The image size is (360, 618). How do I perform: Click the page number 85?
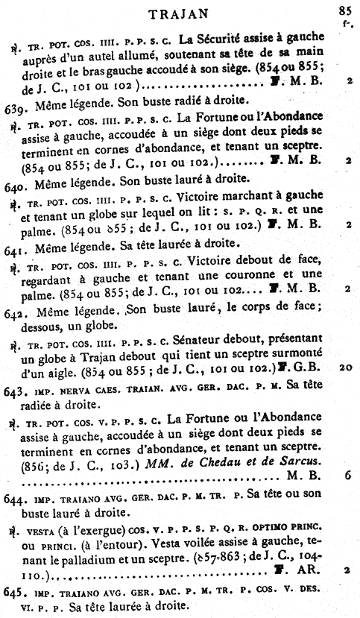[344, 10]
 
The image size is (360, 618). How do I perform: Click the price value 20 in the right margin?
[344, 367]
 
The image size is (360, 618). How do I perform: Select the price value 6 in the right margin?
[348, 473]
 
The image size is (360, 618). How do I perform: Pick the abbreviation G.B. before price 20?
[306, 368]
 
